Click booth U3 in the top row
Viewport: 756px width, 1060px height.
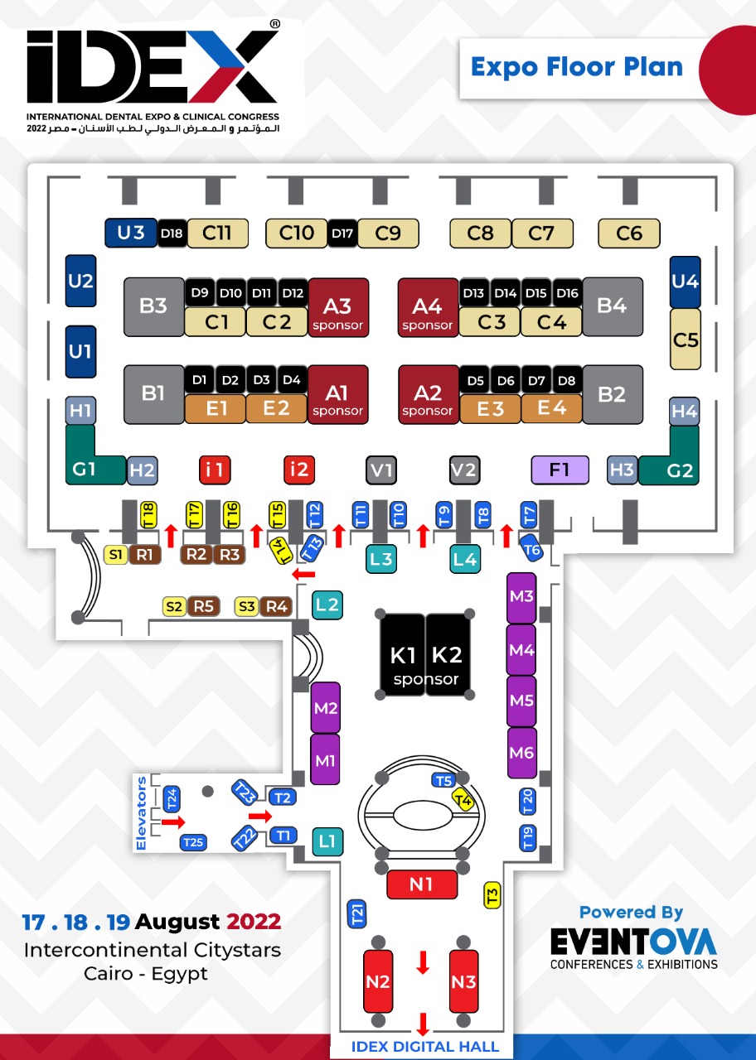click(x=130, y=234)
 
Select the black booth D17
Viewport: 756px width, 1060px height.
click(x=342, y=234)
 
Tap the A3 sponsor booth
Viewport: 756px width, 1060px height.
click(x=338, y=306)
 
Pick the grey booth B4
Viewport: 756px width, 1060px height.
click(x=612, y=306)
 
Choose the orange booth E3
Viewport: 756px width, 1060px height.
click(x=491, y=408)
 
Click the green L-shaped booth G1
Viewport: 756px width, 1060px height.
click(x=85, y=468)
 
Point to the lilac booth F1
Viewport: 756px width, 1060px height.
click(x=560, y=470)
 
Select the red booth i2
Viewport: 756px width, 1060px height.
click(x=298, y=470)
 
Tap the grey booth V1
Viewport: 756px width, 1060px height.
click(x=381, y=470)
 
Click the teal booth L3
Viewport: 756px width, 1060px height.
click(x=381, y=558)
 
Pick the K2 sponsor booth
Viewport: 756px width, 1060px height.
click(x=448, y=655)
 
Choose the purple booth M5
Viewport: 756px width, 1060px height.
click(x=521, y=701)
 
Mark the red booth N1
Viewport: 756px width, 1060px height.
click(x=422, y=884)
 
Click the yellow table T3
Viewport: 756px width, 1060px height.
click(x=492, y=895)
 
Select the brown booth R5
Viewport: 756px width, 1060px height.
click(x=203, y=607)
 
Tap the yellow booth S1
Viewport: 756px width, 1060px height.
click(x=117, y=554)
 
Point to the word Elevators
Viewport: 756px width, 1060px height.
click(x=143, y=813)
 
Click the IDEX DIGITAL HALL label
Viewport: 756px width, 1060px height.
click(x=425, y=1047)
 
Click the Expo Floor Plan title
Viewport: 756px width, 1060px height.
click(x=577, y=67)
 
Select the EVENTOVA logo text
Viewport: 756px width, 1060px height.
click(x=634, y=942)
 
